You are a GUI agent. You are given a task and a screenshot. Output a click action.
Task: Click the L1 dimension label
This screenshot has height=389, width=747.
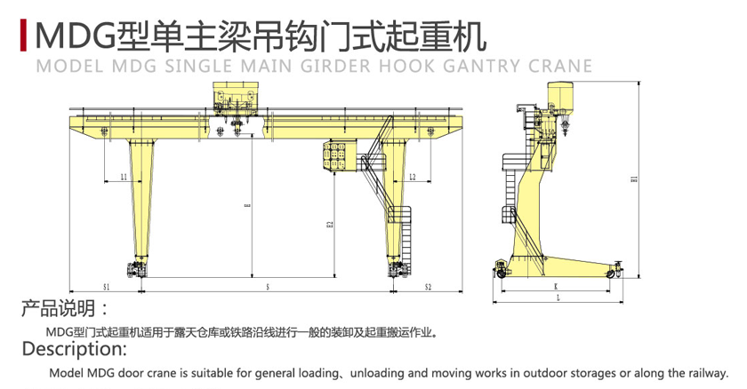pos(124,178)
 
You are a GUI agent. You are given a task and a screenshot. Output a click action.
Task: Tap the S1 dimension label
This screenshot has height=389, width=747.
pos(105,288)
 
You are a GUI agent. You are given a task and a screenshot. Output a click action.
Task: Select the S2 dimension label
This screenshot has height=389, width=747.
pos(428,288)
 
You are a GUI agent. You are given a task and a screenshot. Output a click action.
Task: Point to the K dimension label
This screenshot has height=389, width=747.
pos(555,287)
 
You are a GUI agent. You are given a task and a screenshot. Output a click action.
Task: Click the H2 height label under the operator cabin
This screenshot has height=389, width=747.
pos(330,224)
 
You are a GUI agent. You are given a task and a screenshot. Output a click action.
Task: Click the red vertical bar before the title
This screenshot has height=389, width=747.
pos(20,35)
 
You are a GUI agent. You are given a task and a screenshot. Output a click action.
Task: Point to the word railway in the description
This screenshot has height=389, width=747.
pos(704,373)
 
